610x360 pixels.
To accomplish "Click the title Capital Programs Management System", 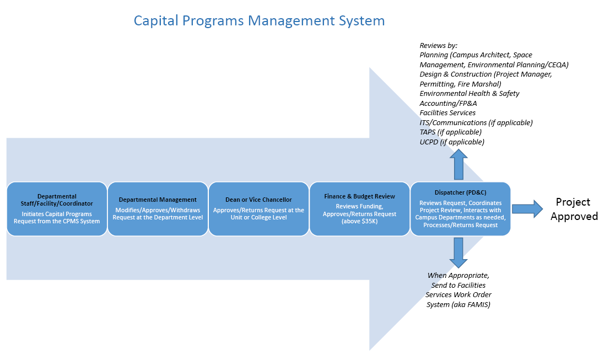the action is [259, 20].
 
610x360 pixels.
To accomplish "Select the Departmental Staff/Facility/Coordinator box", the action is [57, 209].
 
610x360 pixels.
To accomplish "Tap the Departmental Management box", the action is [158, 209].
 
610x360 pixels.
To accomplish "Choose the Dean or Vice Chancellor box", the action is [258, 209].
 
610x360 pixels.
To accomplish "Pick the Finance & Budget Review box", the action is [359, 209].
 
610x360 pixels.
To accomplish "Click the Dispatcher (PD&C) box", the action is [460, 209].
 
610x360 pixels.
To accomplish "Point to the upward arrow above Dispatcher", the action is [458, 165].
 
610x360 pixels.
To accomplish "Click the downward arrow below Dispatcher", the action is [458, 253].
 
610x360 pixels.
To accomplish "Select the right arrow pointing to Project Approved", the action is [527, 209].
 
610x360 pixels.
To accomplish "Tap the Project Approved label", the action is [574, 209].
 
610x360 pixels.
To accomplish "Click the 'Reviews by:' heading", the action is [439, 46].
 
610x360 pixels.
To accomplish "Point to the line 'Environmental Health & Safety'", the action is [469, 93].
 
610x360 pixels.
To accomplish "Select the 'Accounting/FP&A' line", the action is [448, 103].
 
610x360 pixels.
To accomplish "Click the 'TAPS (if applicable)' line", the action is [451, 132].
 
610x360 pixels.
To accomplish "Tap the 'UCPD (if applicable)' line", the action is [452, 142].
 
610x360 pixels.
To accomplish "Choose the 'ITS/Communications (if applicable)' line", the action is [476, 122].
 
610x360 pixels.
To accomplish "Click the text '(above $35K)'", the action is [359, 222].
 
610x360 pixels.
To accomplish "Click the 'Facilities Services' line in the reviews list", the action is [447, 113].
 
